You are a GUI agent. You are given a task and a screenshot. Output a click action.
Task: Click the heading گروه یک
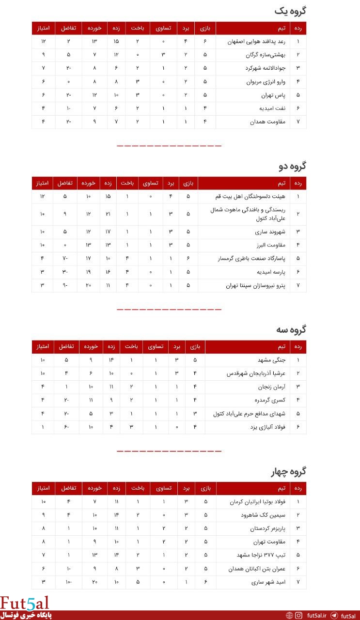click(x=290, y=11)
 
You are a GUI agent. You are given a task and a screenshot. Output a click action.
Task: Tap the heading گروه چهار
click(x=288, y=471)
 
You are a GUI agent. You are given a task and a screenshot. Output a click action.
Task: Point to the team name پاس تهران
click(x=274, y=95)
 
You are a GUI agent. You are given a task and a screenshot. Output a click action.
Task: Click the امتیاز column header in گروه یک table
click(x=43, y=29)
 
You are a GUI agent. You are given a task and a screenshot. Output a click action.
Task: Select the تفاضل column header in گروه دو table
click(x=65, y=183)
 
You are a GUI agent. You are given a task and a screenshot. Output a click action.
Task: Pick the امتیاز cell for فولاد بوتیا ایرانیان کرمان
click(x=43, y=502)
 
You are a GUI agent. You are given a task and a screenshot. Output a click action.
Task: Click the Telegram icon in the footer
click(x=334, y=616)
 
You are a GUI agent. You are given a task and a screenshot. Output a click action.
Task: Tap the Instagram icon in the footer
click(x=299, y=616)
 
